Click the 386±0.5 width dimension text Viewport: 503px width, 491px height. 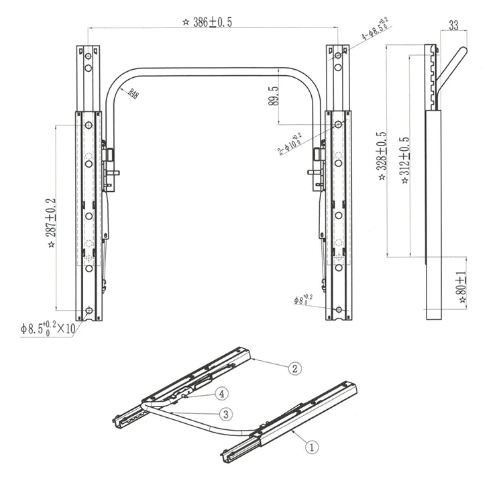pos(211,21)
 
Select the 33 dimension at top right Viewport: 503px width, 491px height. pos(453,26)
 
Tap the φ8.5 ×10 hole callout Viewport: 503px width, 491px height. pos(47,329)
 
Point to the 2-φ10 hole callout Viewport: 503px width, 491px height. pos(290,144)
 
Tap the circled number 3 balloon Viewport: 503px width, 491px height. pos(227,413)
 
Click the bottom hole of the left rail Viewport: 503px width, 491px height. pos(89,310)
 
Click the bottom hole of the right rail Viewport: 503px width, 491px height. pos(338,309)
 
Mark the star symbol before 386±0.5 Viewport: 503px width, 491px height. pos(185,21)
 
